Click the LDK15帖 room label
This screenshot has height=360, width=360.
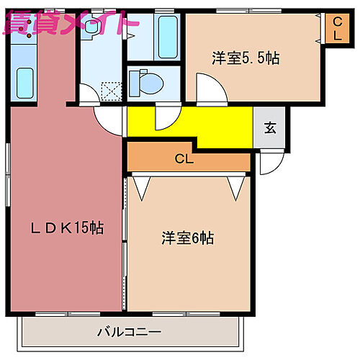tap(67, 228)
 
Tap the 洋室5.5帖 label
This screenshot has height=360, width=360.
tap(246, 58)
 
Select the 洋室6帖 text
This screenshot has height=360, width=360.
tap(187, 238)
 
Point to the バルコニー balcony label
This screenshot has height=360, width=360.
tap(129, 332)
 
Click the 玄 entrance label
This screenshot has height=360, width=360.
tap(270, 127)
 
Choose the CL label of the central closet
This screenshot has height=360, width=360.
tap(184, 158)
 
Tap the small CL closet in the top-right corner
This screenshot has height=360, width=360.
tap(337, 29)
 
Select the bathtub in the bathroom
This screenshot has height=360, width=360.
tap(168, 37)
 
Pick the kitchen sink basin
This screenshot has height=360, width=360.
tap(24, 83)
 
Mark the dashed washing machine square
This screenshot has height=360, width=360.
tap(112, 91)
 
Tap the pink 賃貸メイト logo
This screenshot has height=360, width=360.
tap(71, 23)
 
